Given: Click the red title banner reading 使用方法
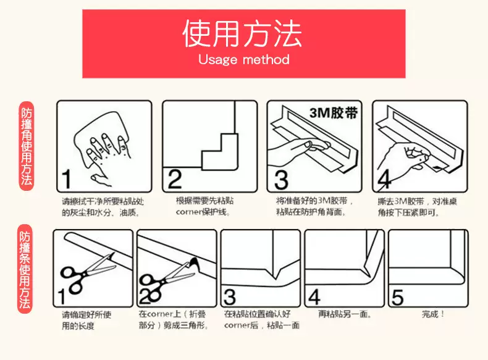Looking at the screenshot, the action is point(243,44).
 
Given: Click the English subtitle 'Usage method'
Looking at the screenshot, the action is point(243,59).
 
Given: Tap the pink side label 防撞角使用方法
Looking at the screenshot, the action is point(27,146).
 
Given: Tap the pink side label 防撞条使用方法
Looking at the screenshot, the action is point(25,268).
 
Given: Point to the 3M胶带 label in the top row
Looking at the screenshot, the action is point(334,112).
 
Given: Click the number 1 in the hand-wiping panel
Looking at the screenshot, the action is point(66,179).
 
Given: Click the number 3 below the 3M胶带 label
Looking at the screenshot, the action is point(281,180).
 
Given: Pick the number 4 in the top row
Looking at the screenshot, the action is point(384,180).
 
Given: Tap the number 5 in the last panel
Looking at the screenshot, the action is point(397,298).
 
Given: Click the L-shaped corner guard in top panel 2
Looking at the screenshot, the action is point(220,152).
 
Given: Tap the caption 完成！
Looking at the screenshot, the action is point(433,314).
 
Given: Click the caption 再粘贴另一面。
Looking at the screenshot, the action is point(345,314).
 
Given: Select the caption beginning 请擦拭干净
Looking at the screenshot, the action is point(103,207).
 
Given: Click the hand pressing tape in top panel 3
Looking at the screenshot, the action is point(299,148).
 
